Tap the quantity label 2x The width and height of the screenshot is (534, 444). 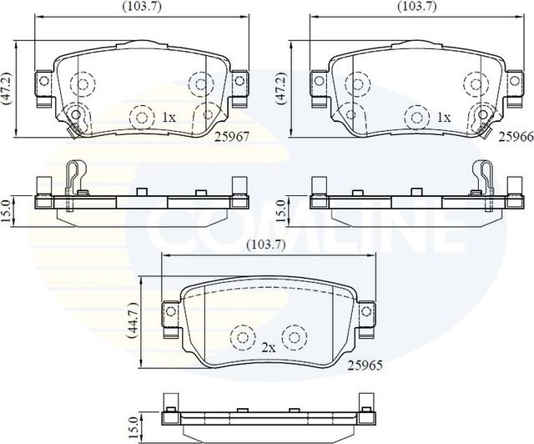(268, 346)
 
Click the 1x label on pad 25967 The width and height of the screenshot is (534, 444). (168, 118)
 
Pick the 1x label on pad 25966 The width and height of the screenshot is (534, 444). (444, 118)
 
